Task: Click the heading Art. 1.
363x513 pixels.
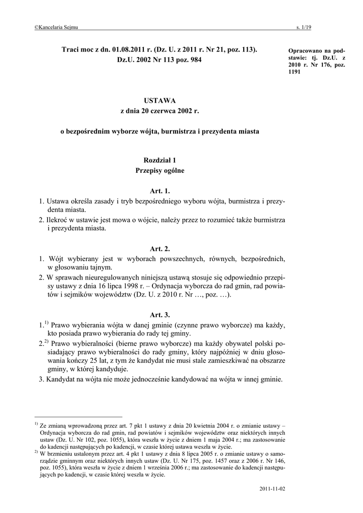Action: click(160, 191)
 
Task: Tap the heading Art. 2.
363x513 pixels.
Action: click(160, 248)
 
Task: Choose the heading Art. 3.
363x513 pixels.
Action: click(160, 315)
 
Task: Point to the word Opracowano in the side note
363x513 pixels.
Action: click(306, 51)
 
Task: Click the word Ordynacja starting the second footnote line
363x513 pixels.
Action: click(54, 432)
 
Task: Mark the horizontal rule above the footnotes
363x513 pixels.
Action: click(78, 417)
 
